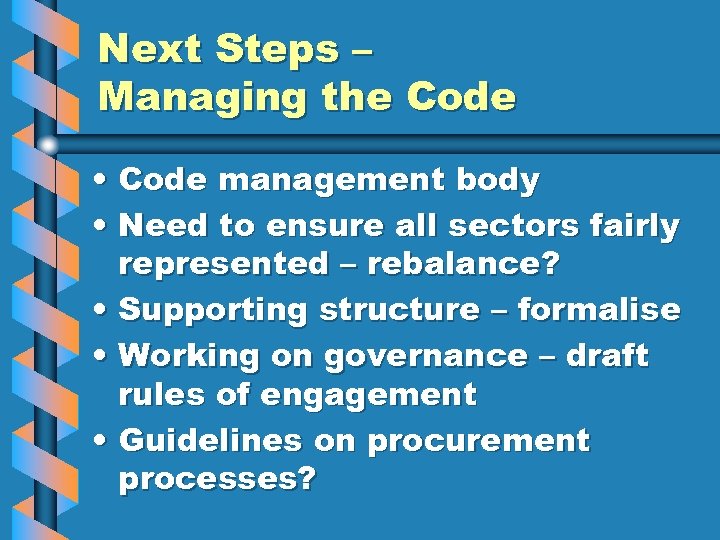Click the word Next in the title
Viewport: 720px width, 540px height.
click(x=145, y=48)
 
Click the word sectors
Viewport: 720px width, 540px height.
click(x=511, y=227)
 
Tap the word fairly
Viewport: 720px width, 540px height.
click(x=633, y=227)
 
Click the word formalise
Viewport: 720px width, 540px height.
click(x=598, y=310)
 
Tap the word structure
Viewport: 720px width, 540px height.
click(x=399, y=310)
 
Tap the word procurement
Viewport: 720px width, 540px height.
click(x=479, y=441)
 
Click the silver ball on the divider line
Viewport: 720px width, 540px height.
click(x=48, y=145)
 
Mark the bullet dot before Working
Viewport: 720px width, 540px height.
click(x=104, y=357)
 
